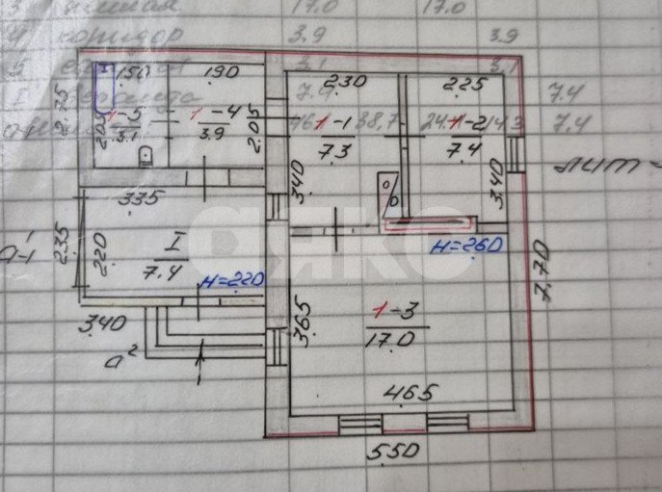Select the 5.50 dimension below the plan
(394, 451)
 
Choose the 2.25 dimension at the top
(449, 84)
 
